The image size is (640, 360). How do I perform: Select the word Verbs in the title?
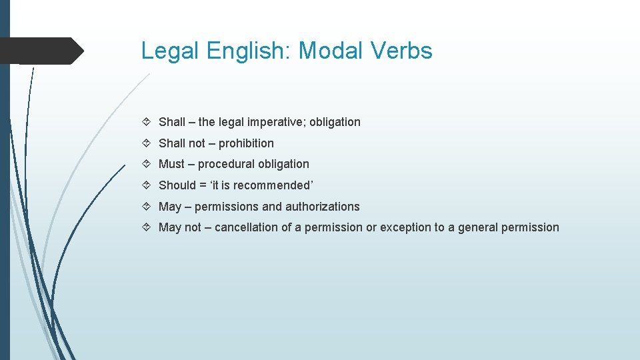(x=406, y=51)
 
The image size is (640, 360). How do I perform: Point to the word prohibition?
(x=246, y=143)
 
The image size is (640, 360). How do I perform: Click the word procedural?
(x=226, y=164)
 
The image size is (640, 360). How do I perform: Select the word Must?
(x=171, y=164)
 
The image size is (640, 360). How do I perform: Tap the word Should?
(x=177, y=185)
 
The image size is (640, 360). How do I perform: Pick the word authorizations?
(x=322, y=207)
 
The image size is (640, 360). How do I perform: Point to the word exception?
(x=406, y=227)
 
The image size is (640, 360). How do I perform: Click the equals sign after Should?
(x=203, y=185)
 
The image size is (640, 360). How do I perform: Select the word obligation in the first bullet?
(x=335, y=122)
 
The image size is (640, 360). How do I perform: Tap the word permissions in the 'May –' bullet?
(x=227, y=207)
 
